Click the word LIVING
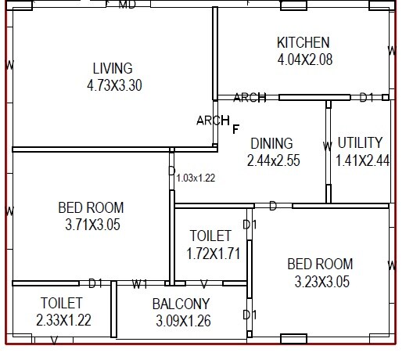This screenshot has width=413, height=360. point(113,68)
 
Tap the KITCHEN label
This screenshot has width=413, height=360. point(303,42)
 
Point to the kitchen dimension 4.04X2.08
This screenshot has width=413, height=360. point(304,59)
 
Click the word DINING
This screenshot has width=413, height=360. point(271,143)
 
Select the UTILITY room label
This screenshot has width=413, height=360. point(360,142)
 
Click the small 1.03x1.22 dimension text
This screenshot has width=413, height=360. point(196,178)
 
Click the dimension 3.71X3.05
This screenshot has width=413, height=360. point(91,225)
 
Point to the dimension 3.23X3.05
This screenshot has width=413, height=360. point(320,280)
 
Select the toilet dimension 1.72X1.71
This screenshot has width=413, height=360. point(213,253)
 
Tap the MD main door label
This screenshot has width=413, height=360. point(127,5)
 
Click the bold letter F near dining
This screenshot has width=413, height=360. point(235,128)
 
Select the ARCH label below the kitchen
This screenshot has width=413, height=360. point(250,98)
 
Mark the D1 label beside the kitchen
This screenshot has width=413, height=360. point(366,98)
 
